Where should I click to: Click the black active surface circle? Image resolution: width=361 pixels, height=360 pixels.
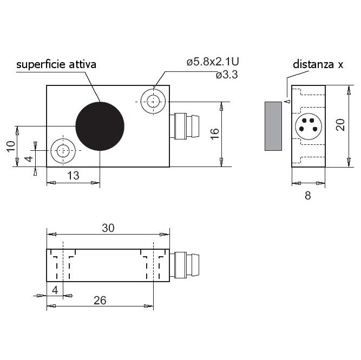[100, 126]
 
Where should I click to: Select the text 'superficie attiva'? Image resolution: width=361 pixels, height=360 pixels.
[56, 64]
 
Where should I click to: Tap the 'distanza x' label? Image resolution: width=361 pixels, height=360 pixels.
[318, 64]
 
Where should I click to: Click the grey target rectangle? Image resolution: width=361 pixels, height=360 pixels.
[273, 126]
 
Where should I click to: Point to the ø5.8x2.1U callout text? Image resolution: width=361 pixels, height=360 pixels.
[213, 62]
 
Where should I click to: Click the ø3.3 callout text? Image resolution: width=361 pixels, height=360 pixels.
[227, 75]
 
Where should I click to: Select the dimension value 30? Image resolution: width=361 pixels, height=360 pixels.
[108, 228]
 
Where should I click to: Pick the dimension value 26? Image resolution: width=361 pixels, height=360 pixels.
[100, 300]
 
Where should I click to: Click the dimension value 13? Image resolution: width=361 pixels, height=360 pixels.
[73, 175]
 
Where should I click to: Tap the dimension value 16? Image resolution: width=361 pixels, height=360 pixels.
[214, 134]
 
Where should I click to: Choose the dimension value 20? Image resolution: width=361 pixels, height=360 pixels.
[340, 125]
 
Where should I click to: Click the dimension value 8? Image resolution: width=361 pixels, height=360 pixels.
[308, 195]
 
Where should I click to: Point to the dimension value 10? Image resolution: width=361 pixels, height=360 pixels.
[11, 146]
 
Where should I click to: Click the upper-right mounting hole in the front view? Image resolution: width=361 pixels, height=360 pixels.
[153, 102]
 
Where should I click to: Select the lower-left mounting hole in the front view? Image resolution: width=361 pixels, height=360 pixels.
[63, 151]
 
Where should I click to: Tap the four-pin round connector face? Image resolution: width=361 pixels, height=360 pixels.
[309, 126]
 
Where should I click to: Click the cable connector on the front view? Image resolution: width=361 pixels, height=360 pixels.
[184, 126]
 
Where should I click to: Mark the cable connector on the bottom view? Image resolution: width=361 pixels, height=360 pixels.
[184, 265]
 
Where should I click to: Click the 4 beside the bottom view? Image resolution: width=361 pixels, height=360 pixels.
[55, 290]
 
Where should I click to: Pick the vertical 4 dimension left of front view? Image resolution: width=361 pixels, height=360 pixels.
[29, 158]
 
